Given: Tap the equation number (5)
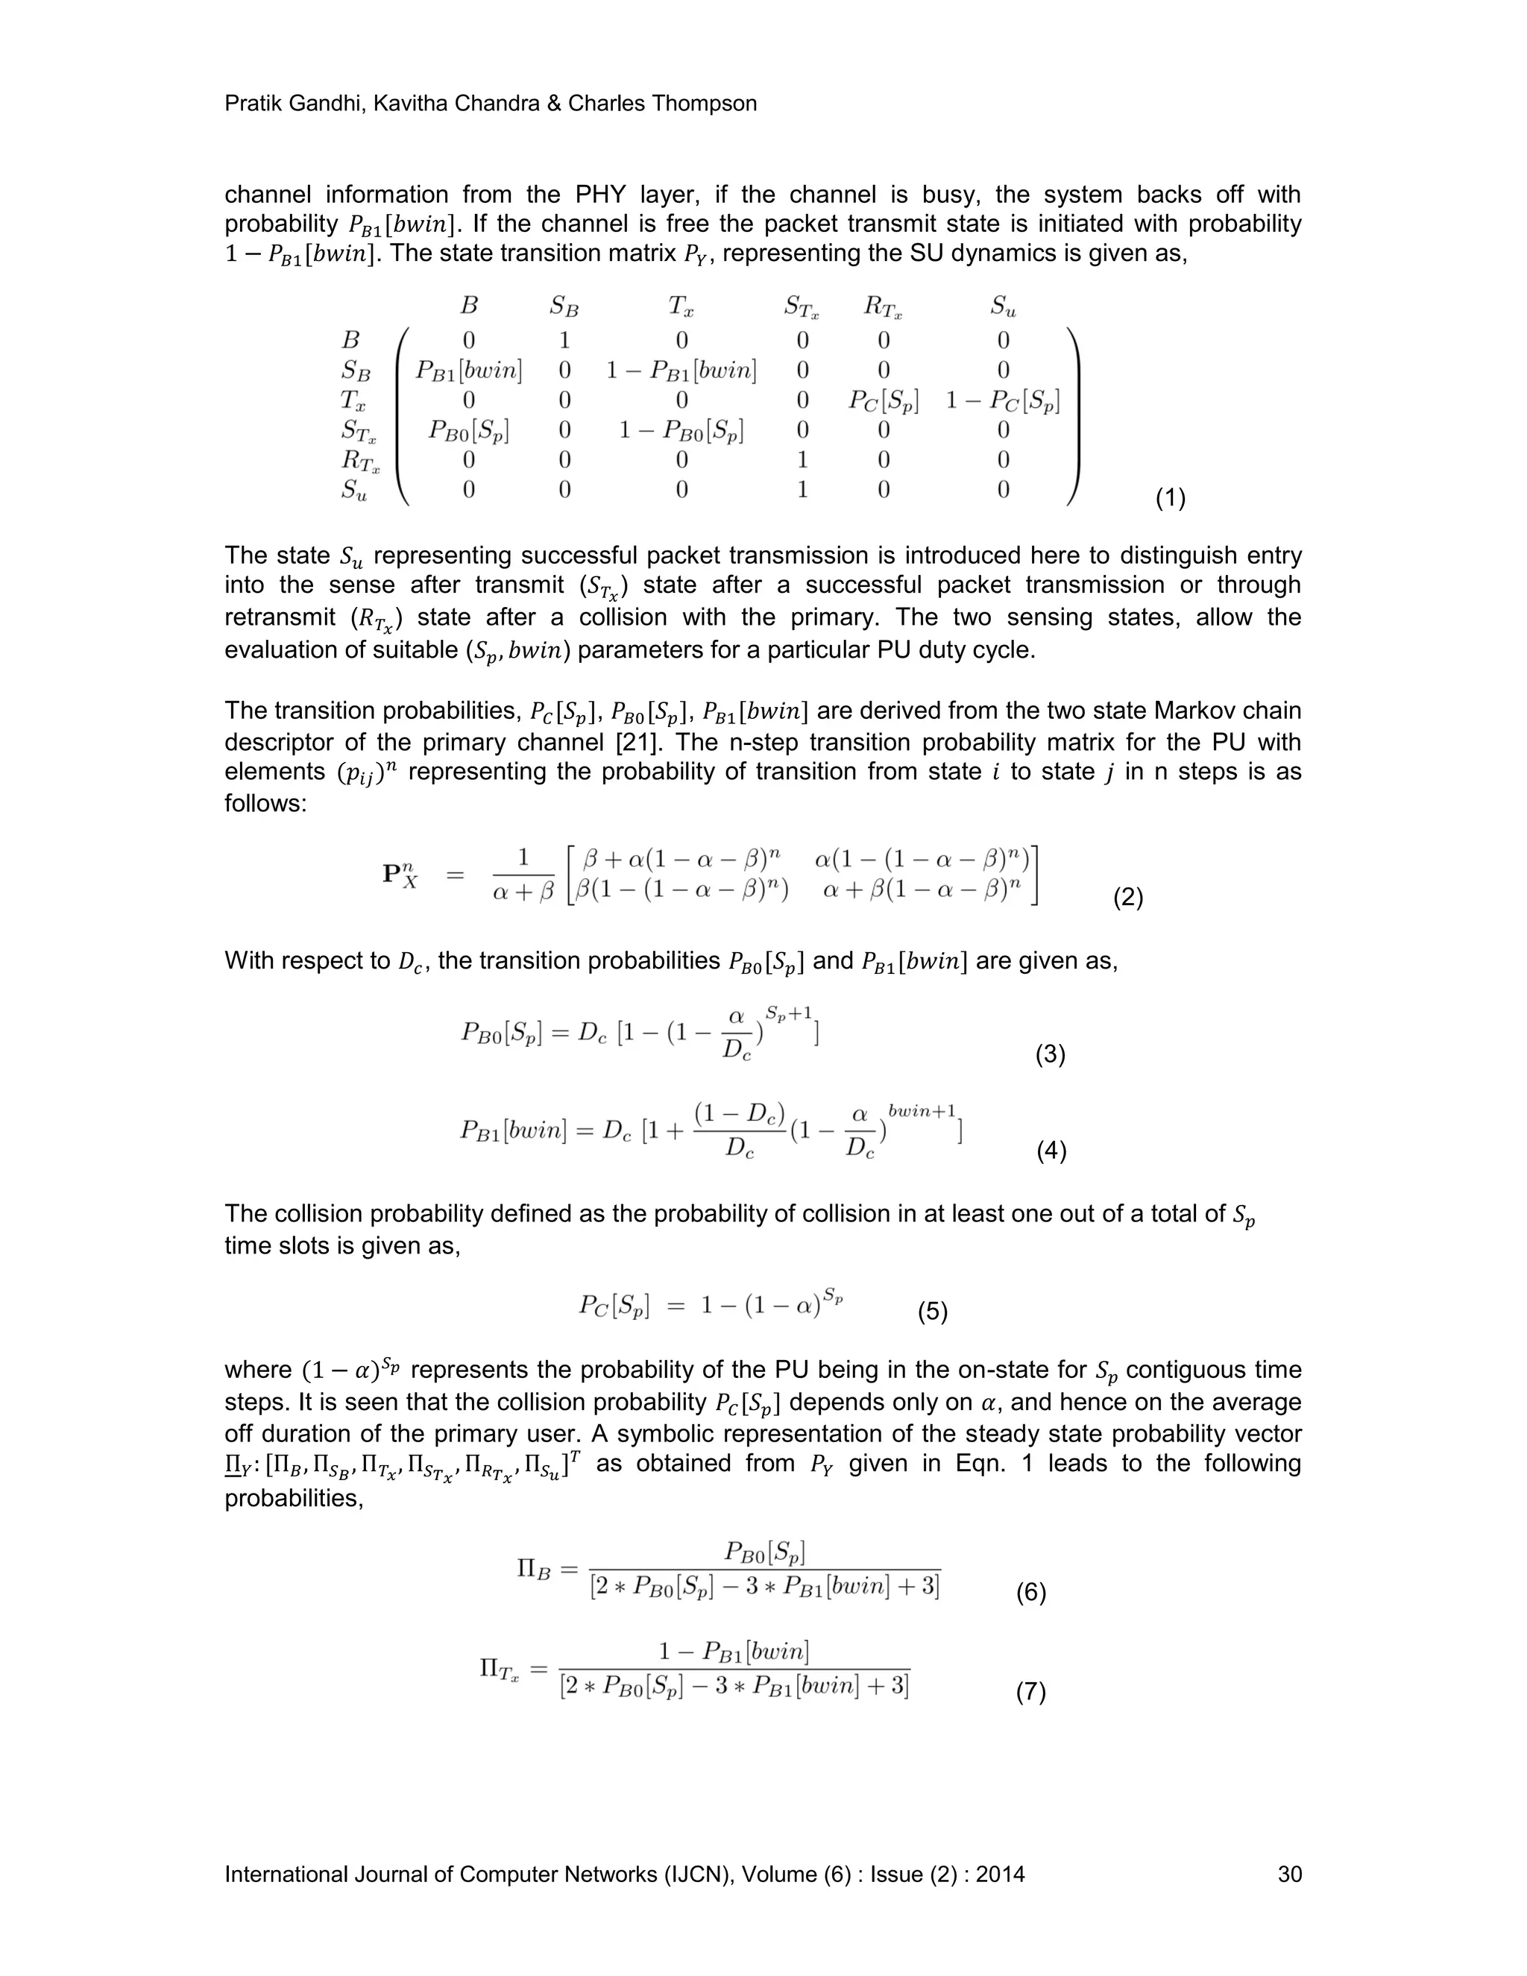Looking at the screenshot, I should (x=933, y=1311).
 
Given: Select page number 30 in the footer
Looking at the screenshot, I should (x=1289, y=1874).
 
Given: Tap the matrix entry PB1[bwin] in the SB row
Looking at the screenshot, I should (x=468, y=370).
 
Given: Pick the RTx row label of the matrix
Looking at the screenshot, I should (x=360, y=462).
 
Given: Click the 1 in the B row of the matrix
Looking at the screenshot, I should (x=564, y=340).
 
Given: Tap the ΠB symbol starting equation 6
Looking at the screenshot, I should (x=533, y=1568).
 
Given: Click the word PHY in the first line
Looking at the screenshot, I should (x=595, y=195).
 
